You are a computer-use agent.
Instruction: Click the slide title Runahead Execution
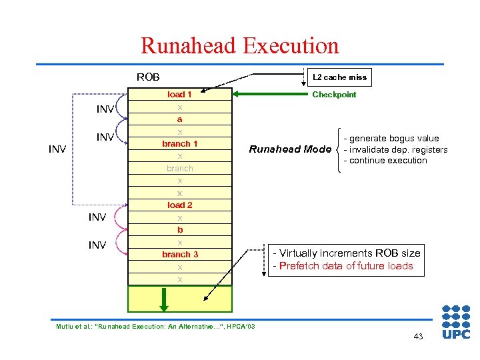tap(239, 45)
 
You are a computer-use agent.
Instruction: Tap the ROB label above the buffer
tap(148, 77)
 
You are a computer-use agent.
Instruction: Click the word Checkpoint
tap(334, 95)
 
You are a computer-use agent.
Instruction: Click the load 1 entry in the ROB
tap(179, 95)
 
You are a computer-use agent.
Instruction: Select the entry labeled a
tap(179, 119)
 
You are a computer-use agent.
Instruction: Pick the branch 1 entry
tap(179, 144)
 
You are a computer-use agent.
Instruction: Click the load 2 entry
tap(179, 205)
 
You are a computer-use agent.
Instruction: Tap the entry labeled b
tap(179, 230)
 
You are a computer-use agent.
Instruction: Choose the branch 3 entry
tap(179, 255)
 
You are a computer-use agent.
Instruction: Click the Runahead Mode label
tap(290, 149)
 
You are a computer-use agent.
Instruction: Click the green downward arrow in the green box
tap(163, 299)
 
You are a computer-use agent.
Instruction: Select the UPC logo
tap(456, 321)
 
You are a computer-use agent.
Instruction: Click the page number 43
tap(418, 337)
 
